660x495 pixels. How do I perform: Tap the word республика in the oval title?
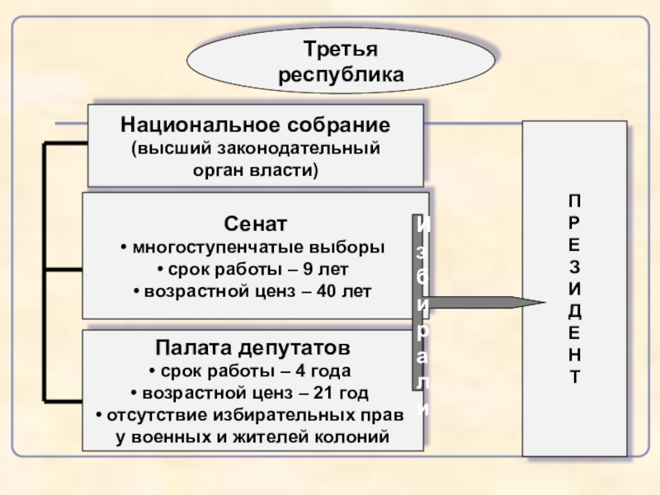(342, 74)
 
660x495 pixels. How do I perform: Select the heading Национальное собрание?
(255, 126)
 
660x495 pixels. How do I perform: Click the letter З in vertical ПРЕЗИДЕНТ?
(574, 268)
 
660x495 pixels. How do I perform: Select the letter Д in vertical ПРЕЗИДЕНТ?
(574, 311)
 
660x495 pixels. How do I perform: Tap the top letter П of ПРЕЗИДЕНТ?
(574, 201)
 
